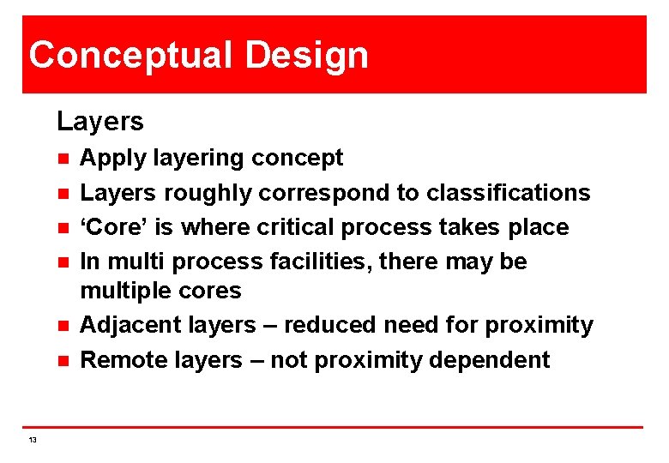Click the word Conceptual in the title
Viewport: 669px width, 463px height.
pyautogui.click(x=130, y=55)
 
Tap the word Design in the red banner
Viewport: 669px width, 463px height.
pyautogui.click(x=306, y=55)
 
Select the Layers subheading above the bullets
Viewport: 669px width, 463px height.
pyautogui.click(x=100, y=121)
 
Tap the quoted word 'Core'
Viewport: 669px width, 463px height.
pyautogui.click(x=109, y=227)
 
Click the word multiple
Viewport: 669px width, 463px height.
pyautogui.click(x=125, y=291)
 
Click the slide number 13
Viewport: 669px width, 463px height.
pyautogui.click(x=33, y=439)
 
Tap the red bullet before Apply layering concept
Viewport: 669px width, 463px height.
pyautogui.click(x=63, y=159)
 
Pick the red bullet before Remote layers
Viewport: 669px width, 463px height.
pyautogui.click(x=63, y=360)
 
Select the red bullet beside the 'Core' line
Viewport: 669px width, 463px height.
pyautogui.click(x=63, y=228)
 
